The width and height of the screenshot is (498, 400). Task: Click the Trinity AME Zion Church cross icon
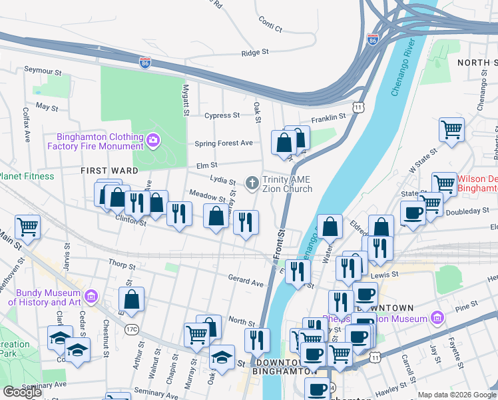(x=252, y=183)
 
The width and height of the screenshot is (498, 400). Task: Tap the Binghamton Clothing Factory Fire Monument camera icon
(x=154, y=140)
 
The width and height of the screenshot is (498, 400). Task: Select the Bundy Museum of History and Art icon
(x=92, y=295)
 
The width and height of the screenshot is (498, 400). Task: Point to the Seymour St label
(x=43, y=69)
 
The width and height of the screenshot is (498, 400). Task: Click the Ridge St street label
(x=255, y=52)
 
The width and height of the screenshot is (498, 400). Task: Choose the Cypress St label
(x=222, y=115)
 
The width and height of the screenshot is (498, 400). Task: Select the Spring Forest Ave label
(x=224, y=143)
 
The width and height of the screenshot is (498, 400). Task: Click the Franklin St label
(x=329, y=117)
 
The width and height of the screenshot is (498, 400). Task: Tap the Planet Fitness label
(x=27, y=177)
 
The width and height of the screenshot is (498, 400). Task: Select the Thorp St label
(x=121, y=265)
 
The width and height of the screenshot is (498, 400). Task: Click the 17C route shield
(x=130, y=329)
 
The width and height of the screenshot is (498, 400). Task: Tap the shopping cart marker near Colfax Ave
(x=27, y=226)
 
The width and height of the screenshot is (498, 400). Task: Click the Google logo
(x=22, y=392)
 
